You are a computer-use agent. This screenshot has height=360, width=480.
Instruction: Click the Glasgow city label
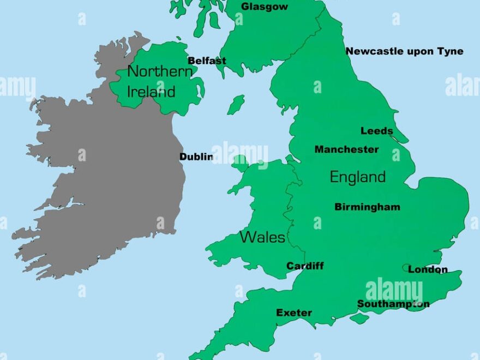[x=265, y=7]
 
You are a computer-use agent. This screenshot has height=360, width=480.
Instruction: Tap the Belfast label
[x=207, y=61]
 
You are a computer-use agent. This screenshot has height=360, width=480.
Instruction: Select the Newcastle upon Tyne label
[x=404, y=51]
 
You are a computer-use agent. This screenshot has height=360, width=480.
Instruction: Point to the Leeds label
[x=376, y=131]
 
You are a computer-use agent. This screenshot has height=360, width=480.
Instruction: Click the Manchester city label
[x=346, y=149]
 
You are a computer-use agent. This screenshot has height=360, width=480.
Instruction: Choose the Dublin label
[x=196, y=157]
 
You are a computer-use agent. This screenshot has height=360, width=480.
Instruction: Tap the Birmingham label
[x=367, y=207]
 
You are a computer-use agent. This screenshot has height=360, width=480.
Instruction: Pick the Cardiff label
[x=305, y=266]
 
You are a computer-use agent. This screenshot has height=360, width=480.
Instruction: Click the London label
[x=428, y=269]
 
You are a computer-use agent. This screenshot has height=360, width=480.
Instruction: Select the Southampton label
[x=393, y=304]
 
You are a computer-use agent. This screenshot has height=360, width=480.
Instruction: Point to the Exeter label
[x=294, y=313]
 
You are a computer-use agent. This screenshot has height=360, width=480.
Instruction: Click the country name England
[x=357, y=177]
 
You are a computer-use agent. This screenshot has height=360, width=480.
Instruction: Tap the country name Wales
[x=262, y=237]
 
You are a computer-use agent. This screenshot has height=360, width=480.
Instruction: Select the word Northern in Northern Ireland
[x=159, y=71]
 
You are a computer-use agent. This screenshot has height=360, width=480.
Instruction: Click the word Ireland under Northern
[x=151, y=92]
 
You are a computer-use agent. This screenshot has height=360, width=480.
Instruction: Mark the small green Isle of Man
[x=236, y=105]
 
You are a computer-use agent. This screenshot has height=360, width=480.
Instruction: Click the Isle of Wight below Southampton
[x=359, y=318]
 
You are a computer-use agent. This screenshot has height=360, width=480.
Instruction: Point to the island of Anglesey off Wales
[x=240, y=162]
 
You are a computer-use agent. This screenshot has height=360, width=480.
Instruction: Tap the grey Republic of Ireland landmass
[x=109, y=180]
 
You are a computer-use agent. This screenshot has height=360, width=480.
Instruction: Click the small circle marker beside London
[x=406, y=268]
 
